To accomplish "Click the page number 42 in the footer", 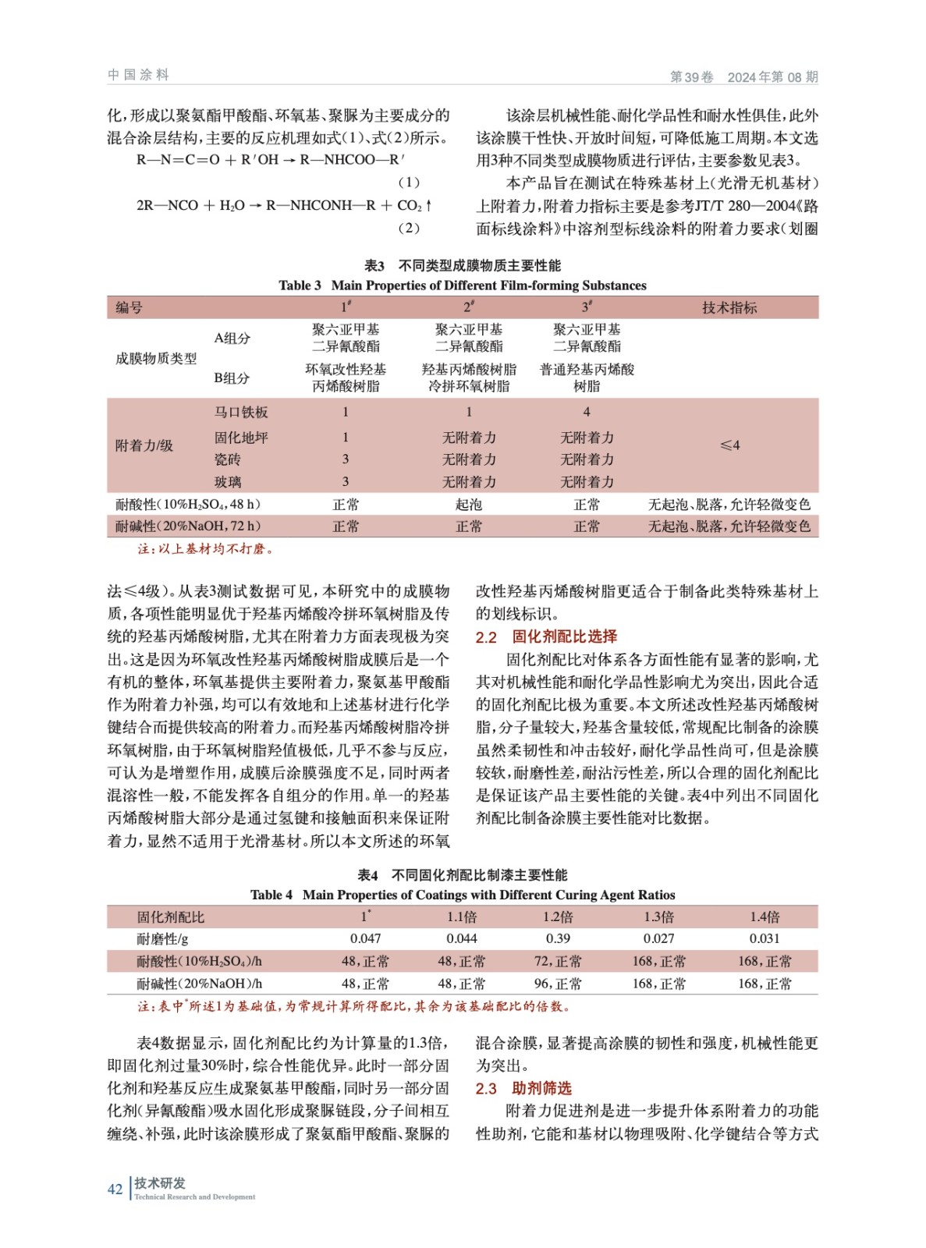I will pos(115,1189).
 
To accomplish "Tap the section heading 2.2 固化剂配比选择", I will pos(546,636).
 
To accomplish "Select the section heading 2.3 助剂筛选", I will pos(523,1088).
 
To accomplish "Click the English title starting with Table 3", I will pos(463,285).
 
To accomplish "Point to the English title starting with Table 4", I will pos(463,895).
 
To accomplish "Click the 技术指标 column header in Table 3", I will pos(729,307).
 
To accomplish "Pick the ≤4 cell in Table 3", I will pos(729,445).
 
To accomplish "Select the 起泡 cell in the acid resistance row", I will pos(469,505).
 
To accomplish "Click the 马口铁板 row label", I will pos(241,412).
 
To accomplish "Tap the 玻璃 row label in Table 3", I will pos(228,482).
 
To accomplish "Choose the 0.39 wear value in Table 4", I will pos(558,938).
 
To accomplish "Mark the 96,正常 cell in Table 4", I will pos(558,984).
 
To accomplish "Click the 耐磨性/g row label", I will pos(162,938).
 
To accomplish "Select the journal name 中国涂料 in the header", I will pos(138,75).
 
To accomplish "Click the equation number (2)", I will pos(409,228).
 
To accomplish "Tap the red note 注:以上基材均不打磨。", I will pos(205,548).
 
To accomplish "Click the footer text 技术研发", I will pos(160,1182).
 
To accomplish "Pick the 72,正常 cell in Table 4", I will pos(558,961).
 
